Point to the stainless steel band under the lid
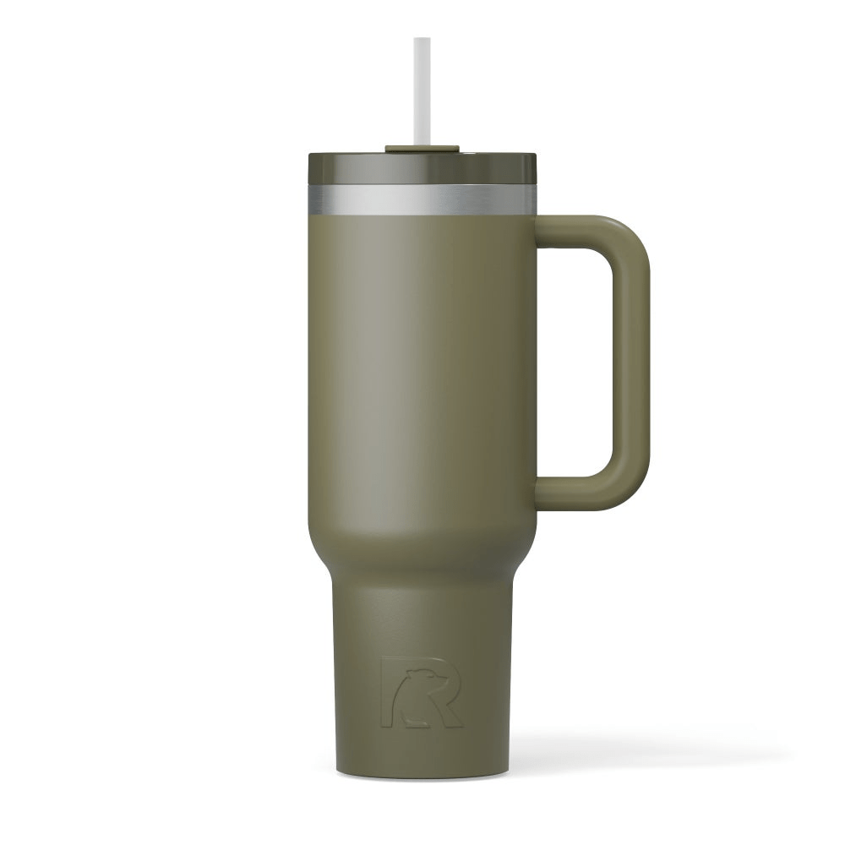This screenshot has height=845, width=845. pyautogui.click(x=422, y=199)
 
